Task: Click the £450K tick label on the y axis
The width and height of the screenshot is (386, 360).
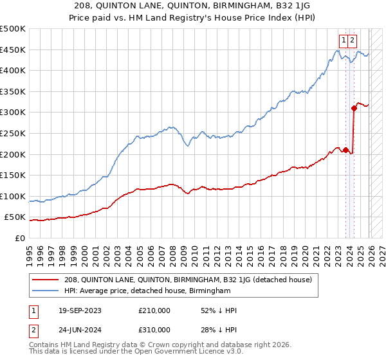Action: pos(13,50)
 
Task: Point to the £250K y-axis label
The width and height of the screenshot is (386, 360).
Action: pos(13,134)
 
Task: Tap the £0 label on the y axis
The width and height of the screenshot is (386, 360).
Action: pos(20,239)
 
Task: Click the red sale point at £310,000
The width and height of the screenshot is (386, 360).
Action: pos(354,108)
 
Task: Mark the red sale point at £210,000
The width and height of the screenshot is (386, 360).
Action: pos(346,150)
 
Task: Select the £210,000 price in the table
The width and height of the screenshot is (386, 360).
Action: pos(154,310)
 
